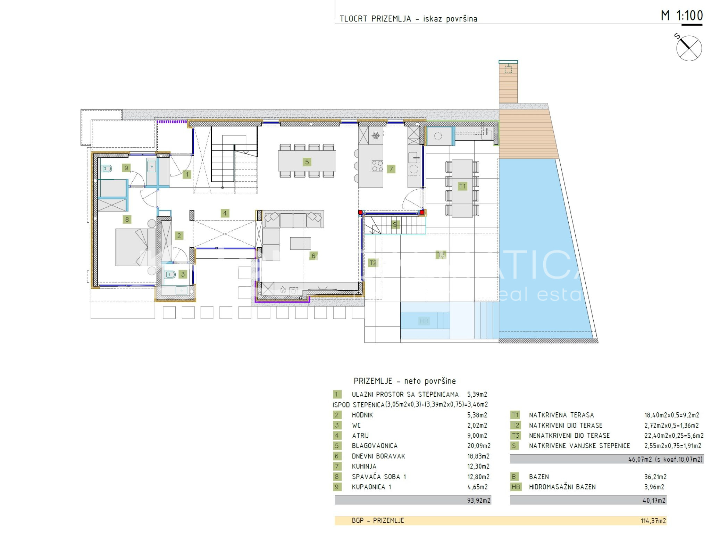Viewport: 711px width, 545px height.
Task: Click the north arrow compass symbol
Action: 688,48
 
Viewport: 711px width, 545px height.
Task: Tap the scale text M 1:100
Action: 681,16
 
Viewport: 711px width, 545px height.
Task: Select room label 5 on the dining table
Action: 307,162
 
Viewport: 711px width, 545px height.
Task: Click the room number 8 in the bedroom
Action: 127,220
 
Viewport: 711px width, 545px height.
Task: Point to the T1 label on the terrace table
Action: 462,186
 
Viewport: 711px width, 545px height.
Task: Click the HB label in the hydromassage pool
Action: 424,321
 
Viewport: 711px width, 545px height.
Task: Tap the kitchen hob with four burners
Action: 377,166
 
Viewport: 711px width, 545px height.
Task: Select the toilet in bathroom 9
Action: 107,169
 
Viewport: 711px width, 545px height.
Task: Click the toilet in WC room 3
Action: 170,275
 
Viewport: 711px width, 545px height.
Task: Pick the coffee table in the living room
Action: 300,243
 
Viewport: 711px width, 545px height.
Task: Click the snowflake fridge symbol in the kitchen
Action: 376,135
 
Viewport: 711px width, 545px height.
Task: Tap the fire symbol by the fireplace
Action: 283,290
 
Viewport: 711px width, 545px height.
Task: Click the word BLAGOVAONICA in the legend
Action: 375,446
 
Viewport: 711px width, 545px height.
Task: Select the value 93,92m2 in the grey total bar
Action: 479,501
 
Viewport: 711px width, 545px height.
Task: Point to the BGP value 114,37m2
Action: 653,521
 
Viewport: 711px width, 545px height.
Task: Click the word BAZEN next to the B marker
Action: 539,477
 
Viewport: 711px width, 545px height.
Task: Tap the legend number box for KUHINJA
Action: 337,466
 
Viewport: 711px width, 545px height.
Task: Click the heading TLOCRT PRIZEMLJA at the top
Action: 375,19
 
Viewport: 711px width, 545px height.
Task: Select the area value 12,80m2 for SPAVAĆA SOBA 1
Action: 478,477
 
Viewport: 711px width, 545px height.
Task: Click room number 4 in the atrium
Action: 225,213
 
